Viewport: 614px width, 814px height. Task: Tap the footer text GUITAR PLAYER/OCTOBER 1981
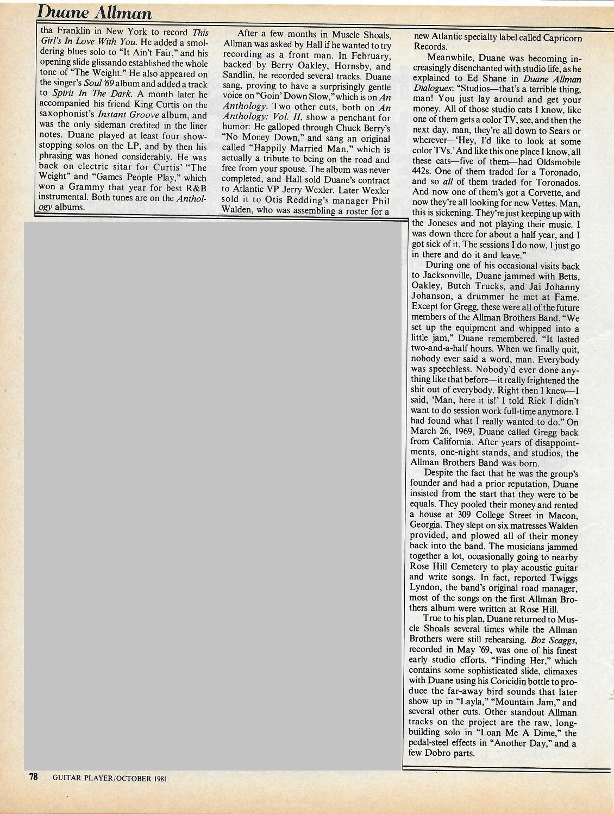(109, 778)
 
